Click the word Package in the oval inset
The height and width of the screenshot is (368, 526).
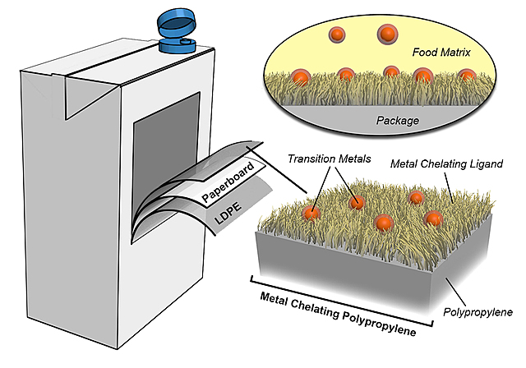tap(398, 121)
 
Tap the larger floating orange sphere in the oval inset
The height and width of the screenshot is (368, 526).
tap(385, 34)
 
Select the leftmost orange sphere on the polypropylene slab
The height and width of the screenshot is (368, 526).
tap(311, 212)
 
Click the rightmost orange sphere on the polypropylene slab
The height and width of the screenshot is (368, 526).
tap(433, 218)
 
